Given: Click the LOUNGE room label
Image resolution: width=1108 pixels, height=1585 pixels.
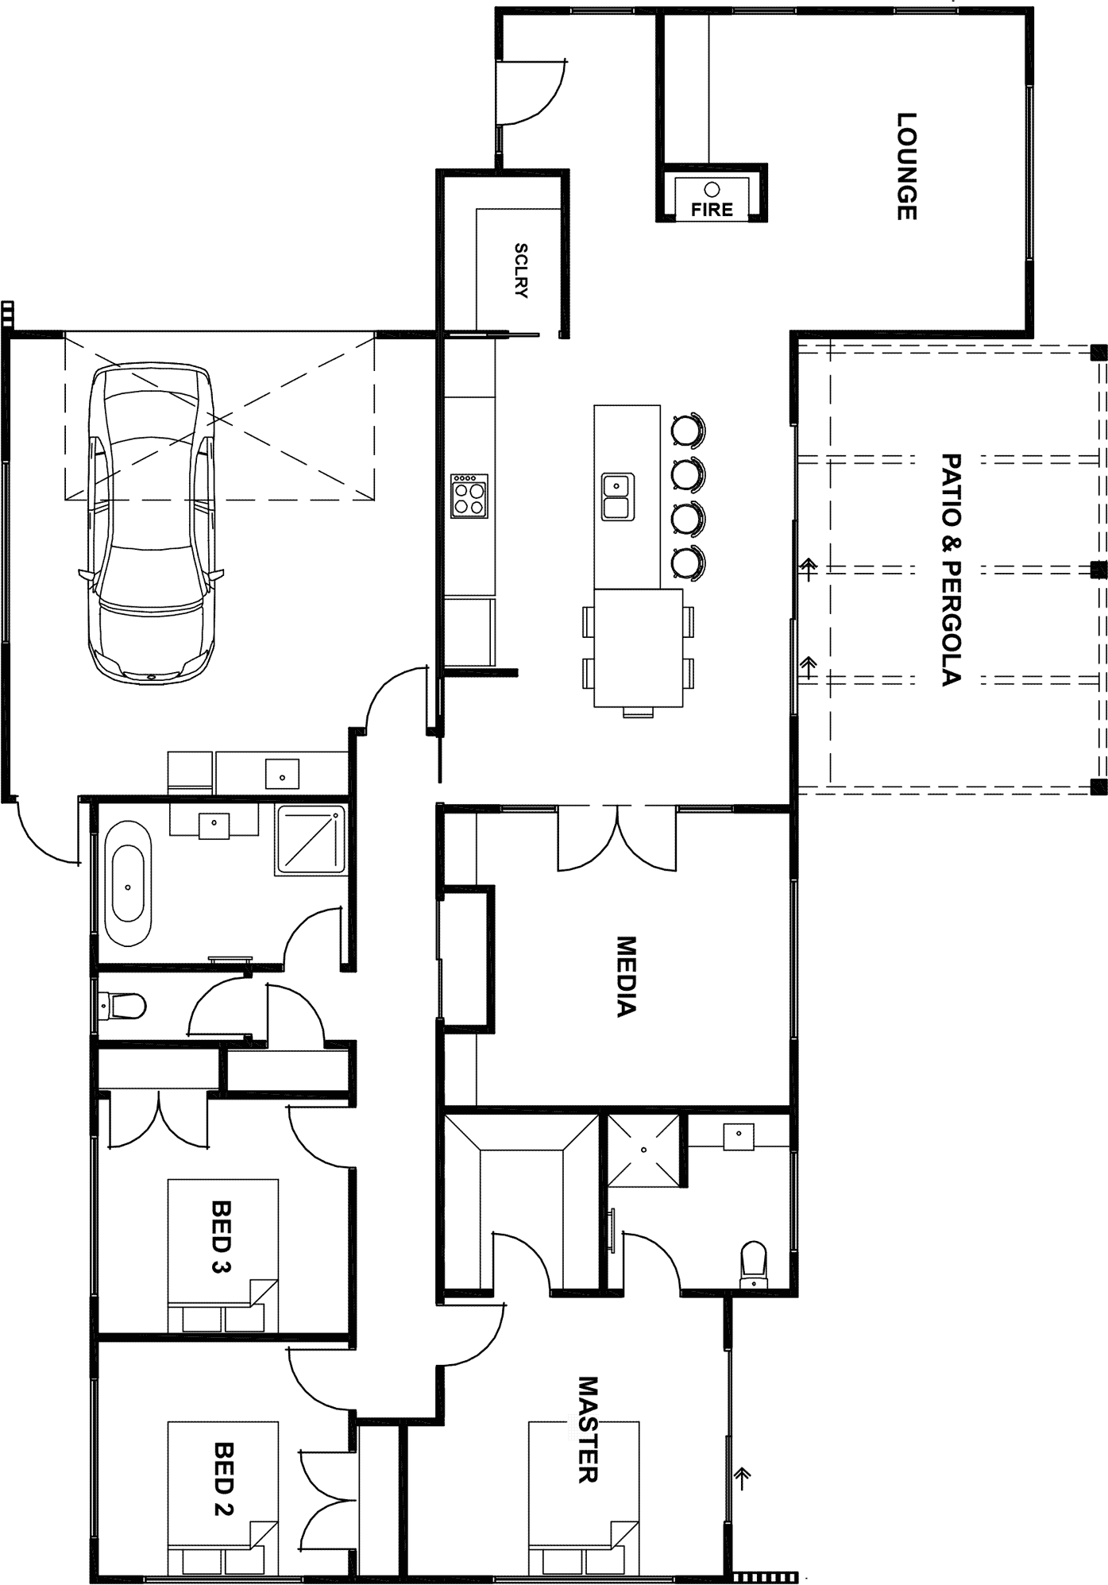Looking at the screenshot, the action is (x=907, y=166).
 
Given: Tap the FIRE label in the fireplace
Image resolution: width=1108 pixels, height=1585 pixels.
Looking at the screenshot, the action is (x=712, y=210).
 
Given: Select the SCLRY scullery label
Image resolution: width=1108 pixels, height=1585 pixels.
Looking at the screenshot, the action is (x=521, y=270).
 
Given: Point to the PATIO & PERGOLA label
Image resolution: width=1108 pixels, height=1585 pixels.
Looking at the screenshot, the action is (x=951, y=570).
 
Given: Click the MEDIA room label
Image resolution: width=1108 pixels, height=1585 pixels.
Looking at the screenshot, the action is (x=627, y=977).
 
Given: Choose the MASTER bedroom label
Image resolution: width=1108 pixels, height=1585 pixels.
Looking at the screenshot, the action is (x=586, y=1429).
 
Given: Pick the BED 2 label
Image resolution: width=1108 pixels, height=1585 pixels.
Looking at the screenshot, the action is (x=224, y=1479).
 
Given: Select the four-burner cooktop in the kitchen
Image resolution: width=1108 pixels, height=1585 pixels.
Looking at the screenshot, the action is (x=469, y=497).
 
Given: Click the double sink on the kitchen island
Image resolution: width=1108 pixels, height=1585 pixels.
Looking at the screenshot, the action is (x=617, y=497).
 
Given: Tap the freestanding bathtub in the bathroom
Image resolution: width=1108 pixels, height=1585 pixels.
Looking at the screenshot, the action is (x=129, y=883).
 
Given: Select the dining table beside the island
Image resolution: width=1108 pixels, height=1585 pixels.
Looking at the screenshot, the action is (x=639, y=648).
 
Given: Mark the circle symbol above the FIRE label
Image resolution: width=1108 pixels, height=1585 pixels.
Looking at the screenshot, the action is (x=712, y=189).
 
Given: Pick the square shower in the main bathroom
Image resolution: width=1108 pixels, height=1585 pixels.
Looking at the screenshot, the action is (x=311, y=839).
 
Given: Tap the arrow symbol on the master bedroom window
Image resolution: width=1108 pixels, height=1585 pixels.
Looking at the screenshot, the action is (x=743, y=1476).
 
